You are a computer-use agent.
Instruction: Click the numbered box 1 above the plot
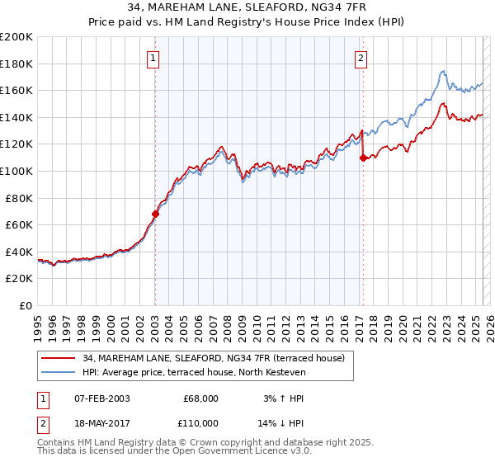point(154,58)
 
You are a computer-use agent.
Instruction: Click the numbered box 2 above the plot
point(361,58)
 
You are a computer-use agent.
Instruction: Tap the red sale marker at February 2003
point(155,214)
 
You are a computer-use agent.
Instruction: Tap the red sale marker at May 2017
point(363,158)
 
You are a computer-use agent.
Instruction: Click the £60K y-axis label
point(19,224)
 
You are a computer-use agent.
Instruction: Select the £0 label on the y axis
point(25,305)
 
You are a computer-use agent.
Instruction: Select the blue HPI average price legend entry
point(194,373)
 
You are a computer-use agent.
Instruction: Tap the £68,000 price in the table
point(200,398)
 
